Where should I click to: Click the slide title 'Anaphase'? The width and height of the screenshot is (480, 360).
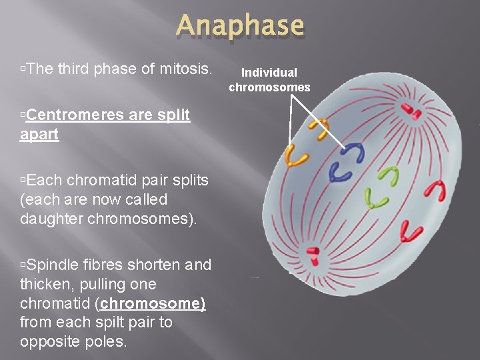pos(240,26)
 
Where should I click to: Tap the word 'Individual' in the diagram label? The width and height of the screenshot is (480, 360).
pos(269,72)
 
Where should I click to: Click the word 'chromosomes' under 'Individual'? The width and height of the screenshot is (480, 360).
pos(269,87)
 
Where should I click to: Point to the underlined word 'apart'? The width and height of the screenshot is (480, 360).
pos(39,135)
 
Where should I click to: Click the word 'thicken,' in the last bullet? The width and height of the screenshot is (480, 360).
pos(47,284)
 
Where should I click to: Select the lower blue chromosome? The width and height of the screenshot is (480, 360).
pos(341,173)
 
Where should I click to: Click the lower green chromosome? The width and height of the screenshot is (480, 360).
pos(376,199)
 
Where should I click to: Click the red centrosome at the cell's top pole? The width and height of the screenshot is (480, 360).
pos(411,111)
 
